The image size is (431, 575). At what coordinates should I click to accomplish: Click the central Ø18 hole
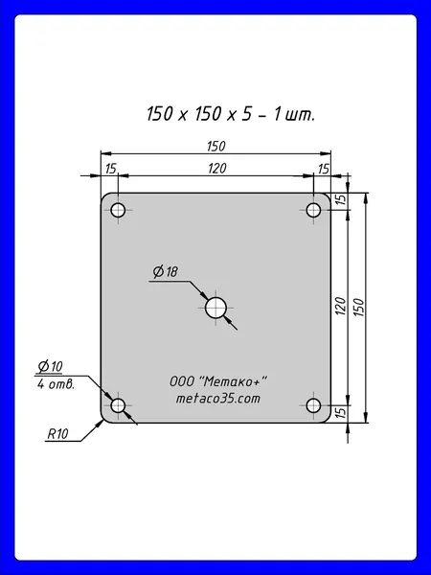215,308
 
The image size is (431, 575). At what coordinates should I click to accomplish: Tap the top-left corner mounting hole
118,210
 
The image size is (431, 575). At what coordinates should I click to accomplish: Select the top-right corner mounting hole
313,210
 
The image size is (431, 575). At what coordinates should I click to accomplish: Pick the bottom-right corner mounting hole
313,405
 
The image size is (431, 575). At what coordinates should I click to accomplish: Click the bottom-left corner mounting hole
118,405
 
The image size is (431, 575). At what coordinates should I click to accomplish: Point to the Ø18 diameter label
166,272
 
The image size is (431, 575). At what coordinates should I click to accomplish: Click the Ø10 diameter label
50,366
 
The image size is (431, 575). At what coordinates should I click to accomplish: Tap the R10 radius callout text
57,434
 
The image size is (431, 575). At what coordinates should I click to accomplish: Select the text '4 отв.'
56,384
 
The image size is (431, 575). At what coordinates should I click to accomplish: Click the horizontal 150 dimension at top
215,147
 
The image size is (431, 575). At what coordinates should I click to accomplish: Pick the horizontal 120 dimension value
217,169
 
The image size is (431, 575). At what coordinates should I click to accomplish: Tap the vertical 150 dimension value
359,308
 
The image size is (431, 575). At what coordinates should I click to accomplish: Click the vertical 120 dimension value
340,307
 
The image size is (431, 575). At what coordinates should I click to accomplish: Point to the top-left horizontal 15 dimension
111,169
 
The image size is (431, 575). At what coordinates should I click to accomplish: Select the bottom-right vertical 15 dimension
340,412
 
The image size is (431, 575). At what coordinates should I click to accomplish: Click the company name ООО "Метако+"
218,381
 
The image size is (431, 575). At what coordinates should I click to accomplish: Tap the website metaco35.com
218,399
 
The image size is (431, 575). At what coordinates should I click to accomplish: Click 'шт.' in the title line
299,114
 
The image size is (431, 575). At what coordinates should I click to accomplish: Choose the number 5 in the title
247,114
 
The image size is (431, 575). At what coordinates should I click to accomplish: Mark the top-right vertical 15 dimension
340,199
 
